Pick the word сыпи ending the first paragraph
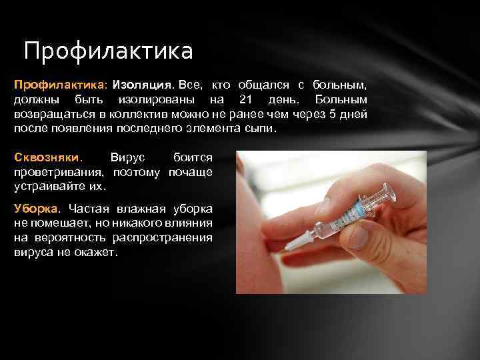pos(260,128)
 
